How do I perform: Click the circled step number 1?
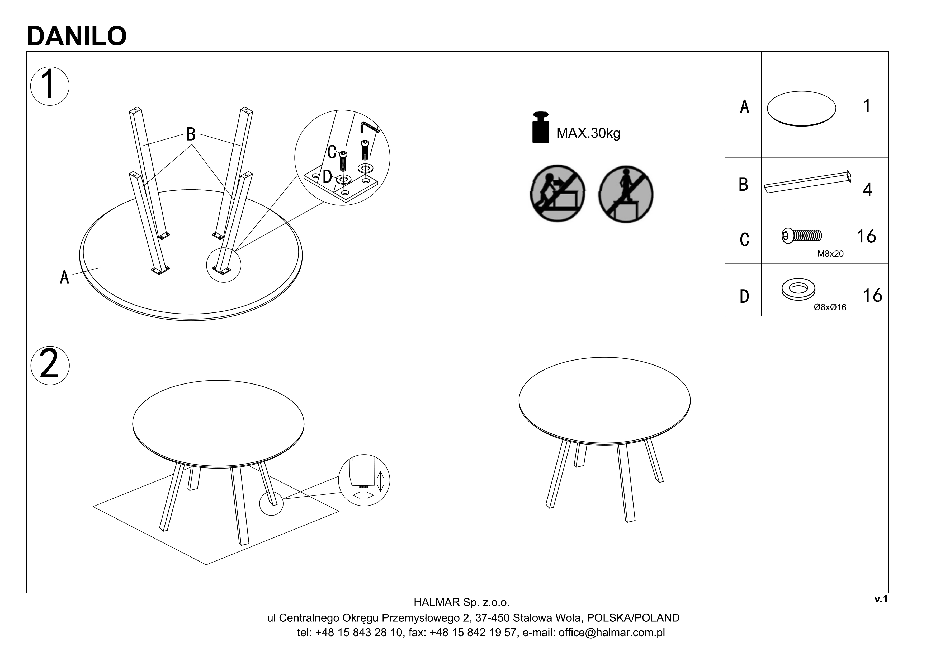pyautogui.click(x=50, y=86)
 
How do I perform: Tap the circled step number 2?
pyautogui.click(x=50, y=365)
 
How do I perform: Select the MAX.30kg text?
pyautogui.click(x=588, y=133)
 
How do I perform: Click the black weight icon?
pyautogui.click(x=540, y=128)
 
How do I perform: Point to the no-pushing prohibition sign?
pyautogui.click(x=558, y=193)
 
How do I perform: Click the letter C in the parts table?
pyautogui.click(x=744, y=239)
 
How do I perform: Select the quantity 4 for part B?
pyautogui.click(x=867, y=189)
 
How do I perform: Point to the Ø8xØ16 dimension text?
pyautogui.click(x=830, y=307)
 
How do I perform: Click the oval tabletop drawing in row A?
pyautogui.click(x=801, y=109)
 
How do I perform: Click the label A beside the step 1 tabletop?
pyautogui.click(x=64, y=277)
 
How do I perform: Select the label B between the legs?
pyautogui.click(x=191, y=134)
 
